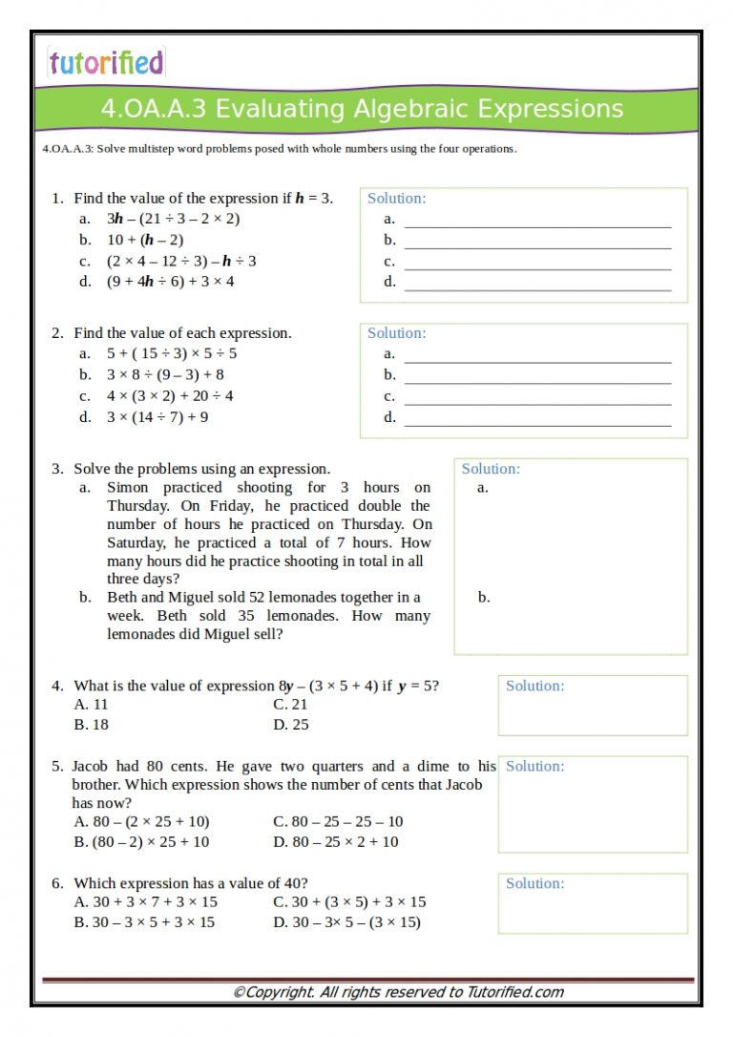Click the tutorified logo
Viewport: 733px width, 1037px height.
click(106, 63)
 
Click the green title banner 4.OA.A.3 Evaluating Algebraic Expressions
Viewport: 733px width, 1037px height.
click(363, 109)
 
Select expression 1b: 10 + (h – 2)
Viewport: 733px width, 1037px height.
click(145, 240)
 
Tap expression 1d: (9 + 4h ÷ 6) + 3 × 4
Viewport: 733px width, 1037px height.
click(170, 282)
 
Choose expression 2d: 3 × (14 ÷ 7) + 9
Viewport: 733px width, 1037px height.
click(157, 417)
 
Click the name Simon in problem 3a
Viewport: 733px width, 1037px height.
click(128, 487)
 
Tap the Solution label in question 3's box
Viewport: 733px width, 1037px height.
click(491, 469)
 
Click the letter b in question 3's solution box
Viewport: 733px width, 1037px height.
click(484, 598)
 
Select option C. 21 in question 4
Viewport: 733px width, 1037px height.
click(290, 704)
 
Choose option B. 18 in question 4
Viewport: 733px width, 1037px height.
click(92, 725)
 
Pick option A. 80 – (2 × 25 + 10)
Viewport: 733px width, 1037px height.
click(141, 821)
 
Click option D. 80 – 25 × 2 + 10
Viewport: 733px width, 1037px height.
click(335, 842)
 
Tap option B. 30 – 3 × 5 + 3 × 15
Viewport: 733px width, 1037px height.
click(144, 922)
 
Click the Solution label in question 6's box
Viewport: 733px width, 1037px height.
click(534, 883)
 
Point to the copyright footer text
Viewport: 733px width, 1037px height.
click(398, 992)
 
